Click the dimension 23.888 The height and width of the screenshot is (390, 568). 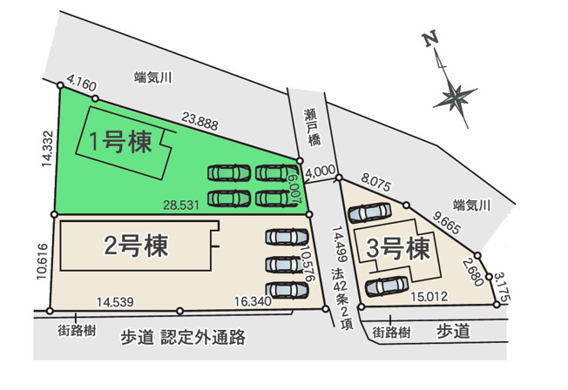tap(200, 124)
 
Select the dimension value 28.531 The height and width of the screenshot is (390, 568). tap(181, 205)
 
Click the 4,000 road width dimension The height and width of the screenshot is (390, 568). tap(321, 172)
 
